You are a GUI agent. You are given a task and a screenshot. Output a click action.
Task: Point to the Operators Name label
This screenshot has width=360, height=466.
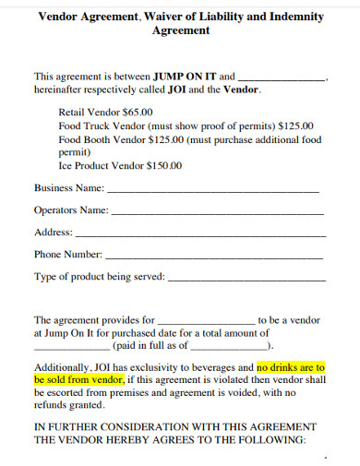71,209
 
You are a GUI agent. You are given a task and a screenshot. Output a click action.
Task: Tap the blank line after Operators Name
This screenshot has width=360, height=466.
217,212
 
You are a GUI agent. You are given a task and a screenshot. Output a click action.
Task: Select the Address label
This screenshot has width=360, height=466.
53,232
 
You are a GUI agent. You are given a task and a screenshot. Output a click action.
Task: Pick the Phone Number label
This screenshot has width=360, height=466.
67,254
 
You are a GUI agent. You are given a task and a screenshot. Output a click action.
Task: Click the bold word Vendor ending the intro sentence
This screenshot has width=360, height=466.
242,90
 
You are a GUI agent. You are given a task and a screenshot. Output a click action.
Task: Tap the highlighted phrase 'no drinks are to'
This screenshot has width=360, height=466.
291,366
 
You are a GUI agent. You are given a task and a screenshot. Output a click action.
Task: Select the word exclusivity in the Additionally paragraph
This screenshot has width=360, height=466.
156,366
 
